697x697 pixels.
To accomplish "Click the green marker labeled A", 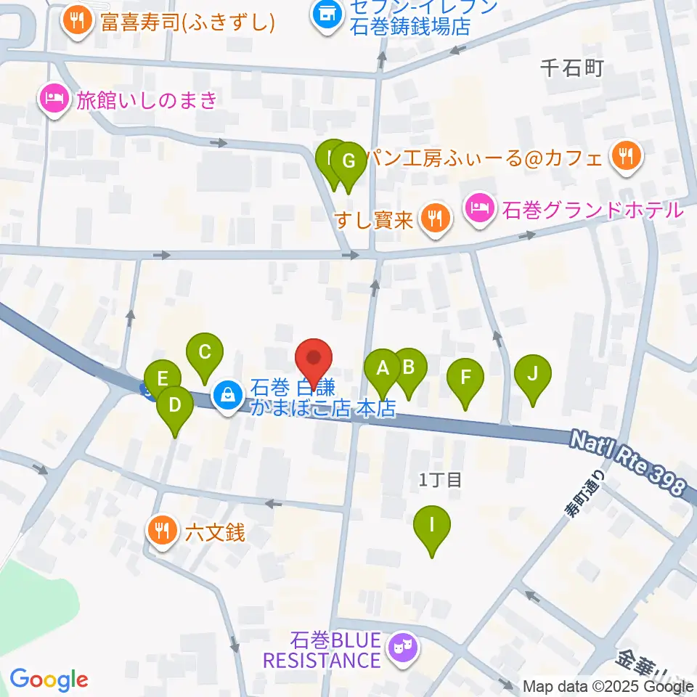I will click(x=382, y=368).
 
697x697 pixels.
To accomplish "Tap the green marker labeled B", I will click(x=408, y=367).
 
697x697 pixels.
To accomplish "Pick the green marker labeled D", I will click(x=175, y=405).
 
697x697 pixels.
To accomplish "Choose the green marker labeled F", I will click(x=465, y=378).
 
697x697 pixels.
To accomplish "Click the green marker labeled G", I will click(x=348, y=161).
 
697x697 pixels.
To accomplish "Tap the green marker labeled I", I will click(x=432, y=525).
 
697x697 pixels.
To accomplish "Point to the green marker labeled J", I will click(x=533, y=375).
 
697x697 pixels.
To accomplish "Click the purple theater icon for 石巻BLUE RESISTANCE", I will click(x=401, y=645).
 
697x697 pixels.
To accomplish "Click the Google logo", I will click(x=49, y=680).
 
